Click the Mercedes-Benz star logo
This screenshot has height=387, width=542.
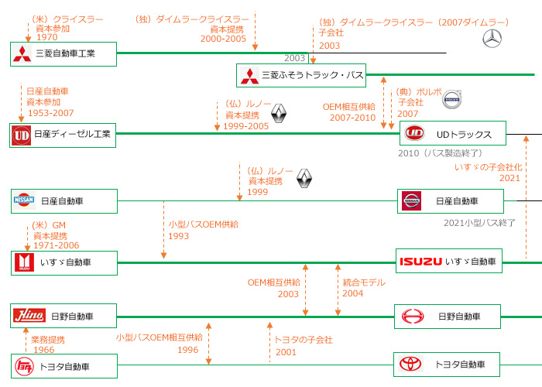492,38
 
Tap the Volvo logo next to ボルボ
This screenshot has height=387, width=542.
451,100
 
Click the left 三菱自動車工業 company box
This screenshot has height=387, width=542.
63,53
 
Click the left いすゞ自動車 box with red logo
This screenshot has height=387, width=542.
63,263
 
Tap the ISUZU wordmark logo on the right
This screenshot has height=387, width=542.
420,262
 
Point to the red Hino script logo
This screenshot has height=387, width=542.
29,315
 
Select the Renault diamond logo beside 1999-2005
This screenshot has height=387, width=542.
280,115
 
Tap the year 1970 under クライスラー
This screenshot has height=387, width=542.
47,36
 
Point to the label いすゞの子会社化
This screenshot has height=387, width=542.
487,167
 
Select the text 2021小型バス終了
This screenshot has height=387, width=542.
480,223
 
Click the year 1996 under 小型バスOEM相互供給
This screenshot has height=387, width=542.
188,349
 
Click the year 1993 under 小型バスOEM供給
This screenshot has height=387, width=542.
179,235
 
